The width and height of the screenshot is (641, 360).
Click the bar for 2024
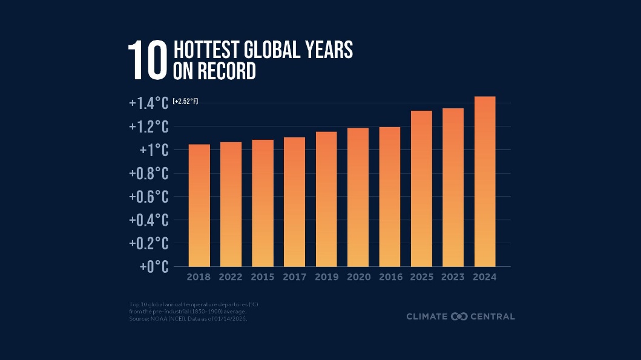pos(485,182)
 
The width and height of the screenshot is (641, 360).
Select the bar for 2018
pos(199,206)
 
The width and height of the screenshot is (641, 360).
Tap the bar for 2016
pos(389,197)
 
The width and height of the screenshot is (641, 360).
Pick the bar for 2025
pos(421,189)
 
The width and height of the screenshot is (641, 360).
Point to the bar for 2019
pos(326,199)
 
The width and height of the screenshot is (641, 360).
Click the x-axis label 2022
pos(231,277)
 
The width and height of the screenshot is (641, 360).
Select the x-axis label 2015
pos(263,277)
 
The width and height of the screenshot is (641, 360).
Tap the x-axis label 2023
pos(453,277)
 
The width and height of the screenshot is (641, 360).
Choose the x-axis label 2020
pos(358,277)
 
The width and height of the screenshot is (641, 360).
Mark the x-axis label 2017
pos(294,277)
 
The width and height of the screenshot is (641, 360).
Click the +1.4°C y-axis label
pos(148,103)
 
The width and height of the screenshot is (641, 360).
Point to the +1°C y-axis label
pos(154,150)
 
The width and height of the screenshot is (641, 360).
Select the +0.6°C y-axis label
pos(148,197)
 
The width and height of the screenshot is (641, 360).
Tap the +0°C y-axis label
pos(154,267)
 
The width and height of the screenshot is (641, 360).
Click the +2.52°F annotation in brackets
pos(185,102)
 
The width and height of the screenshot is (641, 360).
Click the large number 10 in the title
pos(146,61)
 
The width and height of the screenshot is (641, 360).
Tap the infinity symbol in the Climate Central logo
pos(459,316)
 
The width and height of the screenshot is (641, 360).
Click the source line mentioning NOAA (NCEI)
pos(188,318)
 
